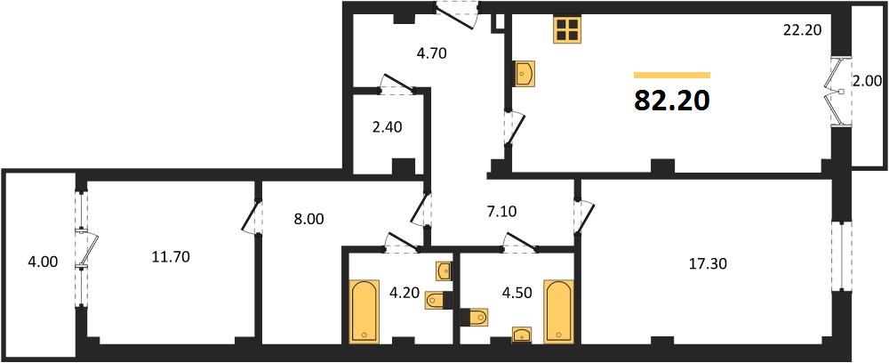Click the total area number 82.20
point(671,101)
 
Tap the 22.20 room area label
point(802,30)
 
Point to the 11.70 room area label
point(170,257)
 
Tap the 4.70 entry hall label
point(431,54)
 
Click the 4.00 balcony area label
point(42,262)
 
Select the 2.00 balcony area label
point(867,98)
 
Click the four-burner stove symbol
point(567,29)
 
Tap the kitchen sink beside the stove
point(525,75)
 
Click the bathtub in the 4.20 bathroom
point(363,311)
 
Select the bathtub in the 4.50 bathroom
point(558,311)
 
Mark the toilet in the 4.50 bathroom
point(474,317)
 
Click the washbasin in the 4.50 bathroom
point(522,335)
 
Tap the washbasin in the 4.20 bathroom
point(444,270)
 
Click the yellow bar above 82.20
point(672,75)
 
